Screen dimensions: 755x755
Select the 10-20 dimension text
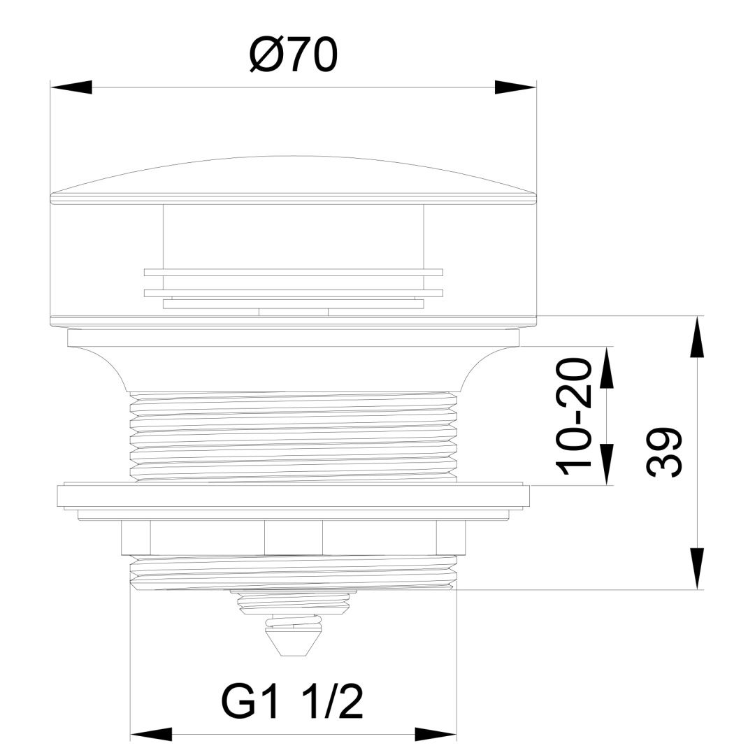pos(573,416)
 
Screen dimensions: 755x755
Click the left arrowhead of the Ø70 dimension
pos(71,87)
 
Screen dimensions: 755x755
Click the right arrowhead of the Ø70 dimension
pos(516,87)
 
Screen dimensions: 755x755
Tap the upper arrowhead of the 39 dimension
pos(697,336)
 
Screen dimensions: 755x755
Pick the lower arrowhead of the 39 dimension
pos(697,568)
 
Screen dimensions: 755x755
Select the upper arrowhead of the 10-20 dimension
pos(607,367)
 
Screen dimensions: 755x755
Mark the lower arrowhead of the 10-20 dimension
pos(607,465)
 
